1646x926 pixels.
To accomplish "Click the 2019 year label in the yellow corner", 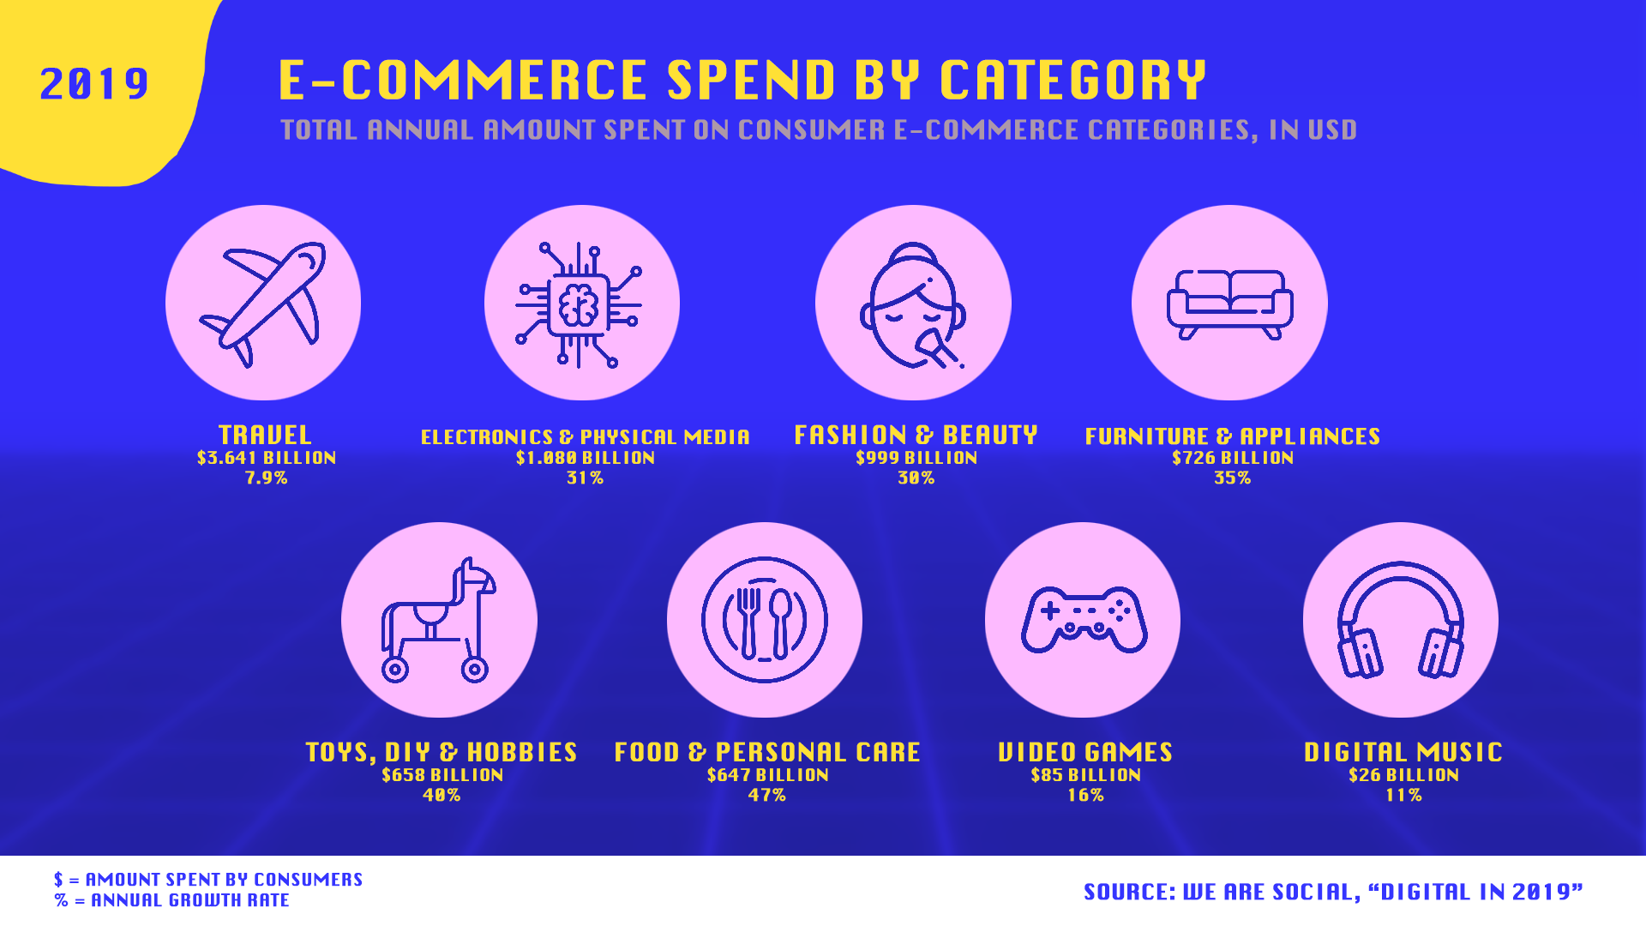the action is tap(94, 84).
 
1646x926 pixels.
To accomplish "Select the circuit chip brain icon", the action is tap(580, 304).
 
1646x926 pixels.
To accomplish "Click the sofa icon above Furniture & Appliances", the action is tap(1229, 304).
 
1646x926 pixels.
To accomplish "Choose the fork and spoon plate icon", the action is tap(765, 619).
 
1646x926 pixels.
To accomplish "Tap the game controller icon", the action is tap(1084, 619).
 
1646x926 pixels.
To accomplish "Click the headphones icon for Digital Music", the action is tap(1401, 619).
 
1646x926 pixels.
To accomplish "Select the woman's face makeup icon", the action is tap(913, 305).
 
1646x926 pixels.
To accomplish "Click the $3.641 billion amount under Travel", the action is tap(267, 458).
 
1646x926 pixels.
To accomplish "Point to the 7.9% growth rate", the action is tap(267, 478).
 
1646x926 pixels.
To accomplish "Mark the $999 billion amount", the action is tap(916, 458).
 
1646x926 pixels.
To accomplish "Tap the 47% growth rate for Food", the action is tap(766, 796).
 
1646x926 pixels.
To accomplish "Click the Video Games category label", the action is tap(1085, 752).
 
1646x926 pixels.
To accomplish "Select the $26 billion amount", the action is tap(1403, 775).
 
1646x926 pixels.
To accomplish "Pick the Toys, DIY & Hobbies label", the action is tap(442, 752).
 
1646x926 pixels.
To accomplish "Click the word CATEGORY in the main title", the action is tap(1073, 81).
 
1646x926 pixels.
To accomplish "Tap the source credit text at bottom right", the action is tap(1333, 893).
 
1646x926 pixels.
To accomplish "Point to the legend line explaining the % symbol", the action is tap(172, 901).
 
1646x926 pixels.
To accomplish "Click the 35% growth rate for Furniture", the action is tap(1232, 478).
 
